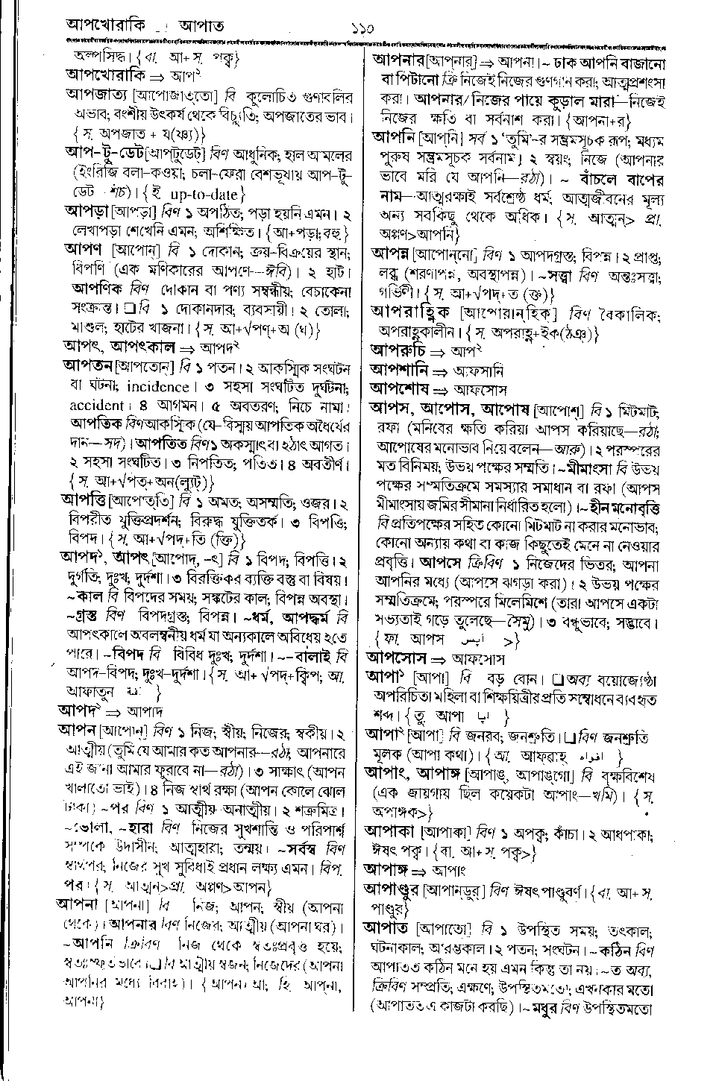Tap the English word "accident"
95,406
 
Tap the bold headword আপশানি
400,370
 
